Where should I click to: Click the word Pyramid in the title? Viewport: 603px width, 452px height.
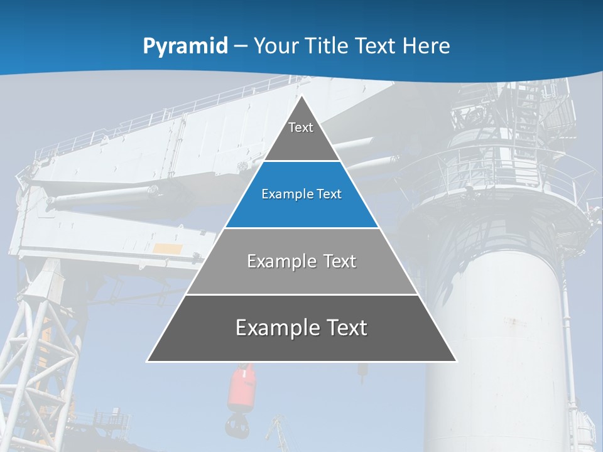[x=185, y=46]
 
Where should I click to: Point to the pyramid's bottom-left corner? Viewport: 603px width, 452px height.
[x=148, y=361]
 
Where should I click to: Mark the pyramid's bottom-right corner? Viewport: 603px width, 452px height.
[x=456, y=361]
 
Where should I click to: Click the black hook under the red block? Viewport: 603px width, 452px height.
[x=237, y=425]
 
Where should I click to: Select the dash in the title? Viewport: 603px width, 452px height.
[x=241, y=46]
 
